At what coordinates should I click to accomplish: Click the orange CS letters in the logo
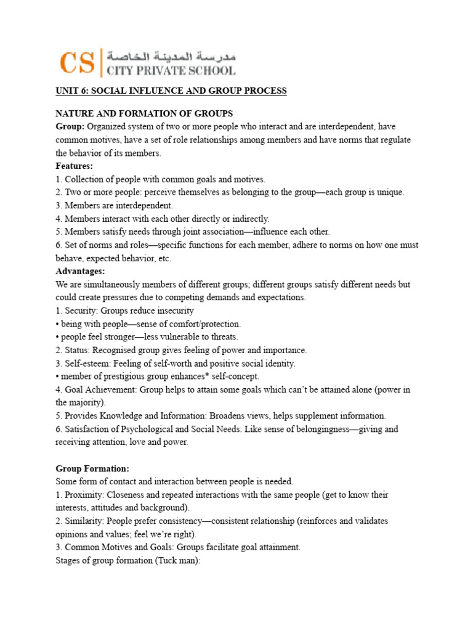pyautogui.click(x=77, y=62)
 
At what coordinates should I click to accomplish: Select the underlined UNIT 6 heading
pyautogui.click(x=171, y=91)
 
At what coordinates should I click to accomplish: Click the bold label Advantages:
pyautogui.click(x=81, y=271)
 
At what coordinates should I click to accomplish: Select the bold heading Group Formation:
pyautogui.click(x=92, y=468)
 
